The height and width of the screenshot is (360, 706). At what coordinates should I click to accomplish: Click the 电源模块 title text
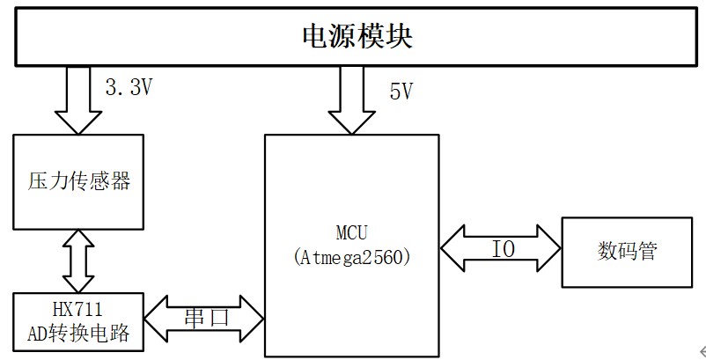coord(357,36)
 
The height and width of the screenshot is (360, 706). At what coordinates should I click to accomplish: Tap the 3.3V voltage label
coord(129,87)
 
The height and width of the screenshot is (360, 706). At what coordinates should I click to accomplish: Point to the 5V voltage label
coord(400,92)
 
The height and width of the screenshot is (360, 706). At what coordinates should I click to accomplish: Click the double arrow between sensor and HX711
coord(78,261)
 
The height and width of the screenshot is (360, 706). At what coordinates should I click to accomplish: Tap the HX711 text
coord(78,308)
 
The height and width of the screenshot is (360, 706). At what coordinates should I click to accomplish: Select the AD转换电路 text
coord(78,334)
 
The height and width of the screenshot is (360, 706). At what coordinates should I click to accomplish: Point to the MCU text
coord(351,233)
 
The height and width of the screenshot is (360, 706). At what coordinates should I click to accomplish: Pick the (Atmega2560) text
coord(351,258)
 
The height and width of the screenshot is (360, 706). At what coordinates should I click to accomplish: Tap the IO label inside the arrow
coord(502,249)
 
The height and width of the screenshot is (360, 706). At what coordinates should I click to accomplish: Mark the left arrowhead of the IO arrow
coord(452,249)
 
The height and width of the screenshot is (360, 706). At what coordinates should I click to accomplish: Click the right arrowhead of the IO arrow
coord(550,249)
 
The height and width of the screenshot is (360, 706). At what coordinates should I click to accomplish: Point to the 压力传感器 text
coord(78,181)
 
